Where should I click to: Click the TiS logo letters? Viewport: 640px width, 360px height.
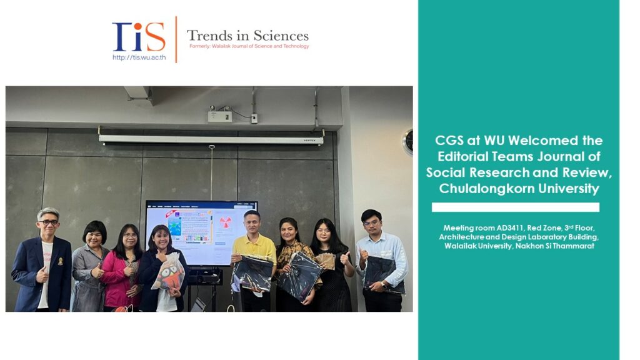pyautogui.click(x=138, y=37)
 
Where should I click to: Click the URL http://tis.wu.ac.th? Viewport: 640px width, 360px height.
pyautogui.click(x=139, y=57)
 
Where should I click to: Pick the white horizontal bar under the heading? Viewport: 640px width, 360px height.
pyautogui.click(x=515, y=207)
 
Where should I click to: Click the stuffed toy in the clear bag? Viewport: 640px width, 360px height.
pyautogui.click(x=171, y=276)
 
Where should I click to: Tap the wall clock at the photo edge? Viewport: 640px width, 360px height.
pyautogui.click(x=408, y=142)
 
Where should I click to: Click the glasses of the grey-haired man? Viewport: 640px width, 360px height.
pyautogui.click(x=49, y=222)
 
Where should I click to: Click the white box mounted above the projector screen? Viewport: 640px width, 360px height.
pyautogui.click(x=219, y=116)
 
